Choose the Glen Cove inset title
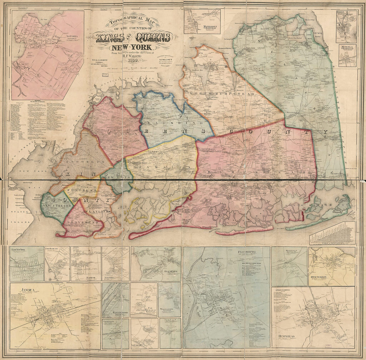170,271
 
